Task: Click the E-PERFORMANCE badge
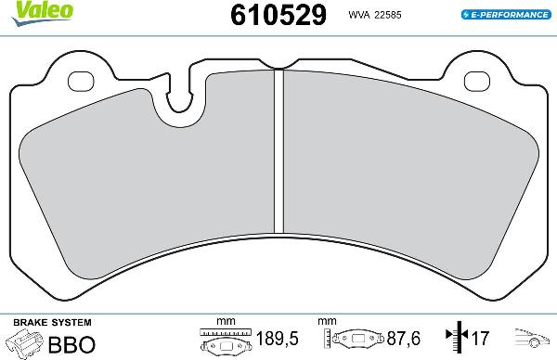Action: click(505, 16)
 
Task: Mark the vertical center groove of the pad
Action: click(278, 153)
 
